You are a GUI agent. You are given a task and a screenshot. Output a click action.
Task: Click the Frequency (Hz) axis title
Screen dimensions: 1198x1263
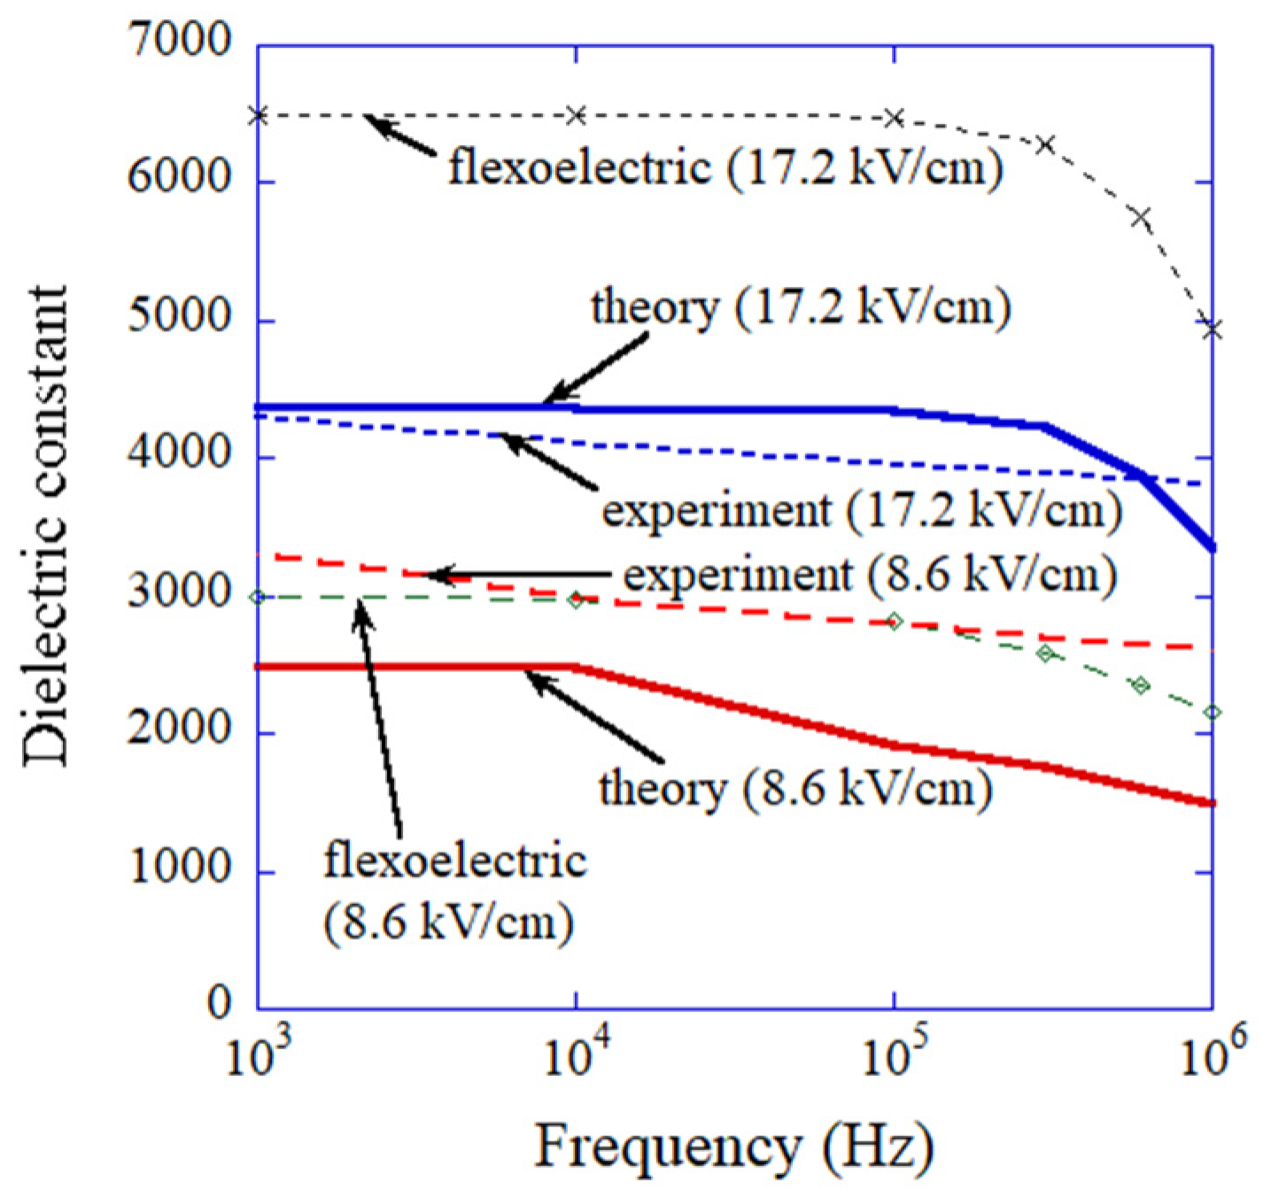tap(734, 1147)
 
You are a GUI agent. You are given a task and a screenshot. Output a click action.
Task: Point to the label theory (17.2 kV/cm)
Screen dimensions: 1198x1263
tap(801, 308)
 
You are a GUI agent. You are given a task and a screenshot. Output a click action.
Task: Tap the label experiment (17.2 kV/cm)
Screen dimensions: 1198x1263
tap(862, 511)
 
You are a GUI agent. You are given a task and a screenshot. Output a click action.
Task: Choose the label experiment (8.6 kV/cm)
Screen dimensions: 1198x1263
tap(870, 576)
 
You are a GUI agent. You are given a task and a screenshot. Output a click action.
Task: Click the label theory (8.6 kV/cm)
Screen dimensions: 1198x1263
tap(794, 787)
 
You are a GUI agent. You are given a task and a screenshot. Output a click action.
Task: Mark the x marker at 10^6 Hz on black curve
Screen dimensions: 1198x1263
tap(1213, 329)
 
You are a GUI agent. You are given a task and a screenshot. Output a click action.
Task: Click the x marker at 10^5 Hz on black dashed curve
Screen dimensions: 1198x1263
tap(895, 118)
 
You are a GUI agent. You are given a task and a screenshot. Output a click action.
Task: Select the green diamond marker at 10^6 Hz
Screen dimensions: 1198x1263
tap(1213, 712)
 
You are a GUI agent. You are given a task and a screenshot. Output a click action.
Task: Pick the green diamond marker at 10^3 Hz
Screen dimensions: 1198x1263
tap(258, 598)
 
